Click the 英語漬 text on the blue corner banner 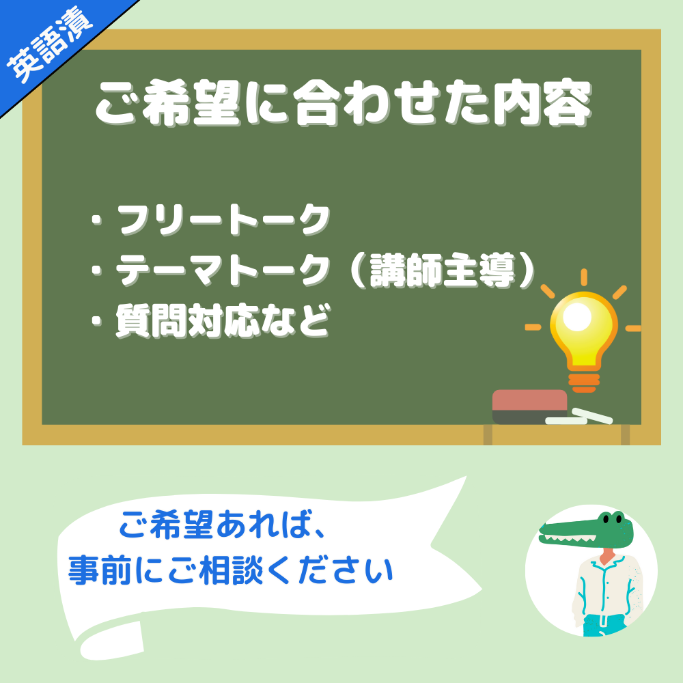pos(49,44)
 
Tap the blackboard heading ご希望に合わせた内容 pos(344,104)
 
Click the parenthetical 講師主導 pos(443,270)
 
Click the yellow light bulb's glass pos(584,330)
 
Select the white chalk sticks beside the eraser pos(579,417)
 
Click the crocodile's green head pos(586,530)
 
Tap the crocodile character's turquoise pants pos(604,625)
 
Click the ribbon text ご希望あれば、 pos(222,525)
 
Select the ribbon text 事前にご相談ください pos(231,570)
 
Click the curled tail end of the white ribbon pos(111,641)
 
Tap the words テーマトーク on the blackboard pos(222,270)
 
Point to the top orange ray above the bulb pos(584,277)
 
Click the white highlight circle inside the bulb pos(576,317)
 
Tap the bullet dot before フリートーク pos(97,221)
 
